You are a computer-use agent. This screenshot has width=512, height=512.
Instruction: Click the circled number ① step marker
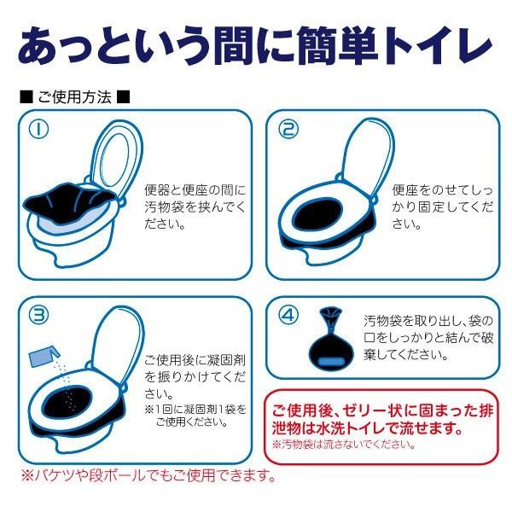38,129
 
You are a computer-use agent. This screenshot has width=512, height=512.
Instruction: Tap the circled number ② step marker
288,129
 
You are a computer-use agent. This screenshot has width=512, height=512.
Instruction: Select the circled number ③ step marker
38,314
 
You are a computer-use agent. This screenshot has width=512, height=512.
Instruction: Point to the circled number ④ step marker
288,315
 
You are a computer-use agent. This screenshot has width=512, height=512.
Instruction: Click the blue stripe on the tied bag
331,362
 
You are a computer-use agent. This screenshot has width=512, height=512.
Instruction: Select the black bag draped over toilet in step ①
69,202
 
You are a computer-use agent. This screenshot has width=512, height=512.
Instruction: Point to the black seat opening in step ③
67,400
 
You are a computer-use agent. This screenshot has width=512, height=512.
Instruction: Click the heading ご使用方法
75,97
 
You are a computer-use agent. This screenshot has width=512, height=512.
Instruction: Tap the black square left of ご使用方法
26,97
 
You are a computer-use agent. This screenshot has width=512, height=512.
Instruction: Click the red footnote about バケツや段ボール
148,475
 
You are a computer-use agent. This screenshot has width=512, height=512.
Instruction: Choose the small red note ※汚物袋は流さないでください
344,445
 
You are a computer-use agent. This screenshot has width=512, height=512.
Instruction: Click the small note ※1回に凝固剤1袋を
195,409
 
